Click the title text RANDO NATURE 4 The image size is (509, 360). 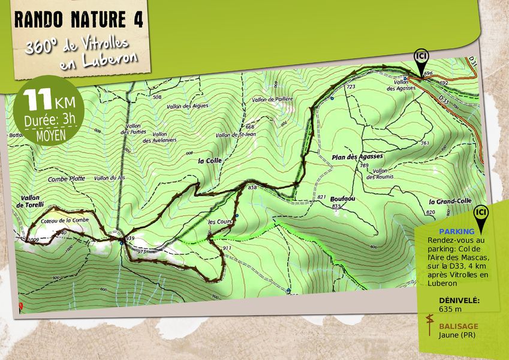(x=78, y=19)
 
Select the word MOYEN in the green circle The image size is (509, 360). (x=51, y=135)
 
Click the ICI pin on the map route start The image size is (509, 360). (x=421, y=57)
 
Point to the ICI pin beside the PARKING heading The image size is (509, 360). (x=480, y=213)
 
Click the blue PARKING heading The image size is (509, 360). (x=456, y=231)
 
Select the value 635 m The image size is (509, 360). (x=451, y=309)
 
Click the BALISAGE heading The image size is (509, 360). (x=459, y=326)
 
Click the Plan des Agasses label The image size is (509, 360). (x=357, y=157)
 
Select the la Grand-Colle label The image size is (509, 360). (x=447, y=202)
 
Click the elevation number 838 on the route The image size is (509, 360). (x=252, y=188)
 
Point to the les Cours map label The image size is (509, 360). (x=219, y=221)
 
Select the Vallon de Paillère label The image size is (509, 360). (x=272, y=100)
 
